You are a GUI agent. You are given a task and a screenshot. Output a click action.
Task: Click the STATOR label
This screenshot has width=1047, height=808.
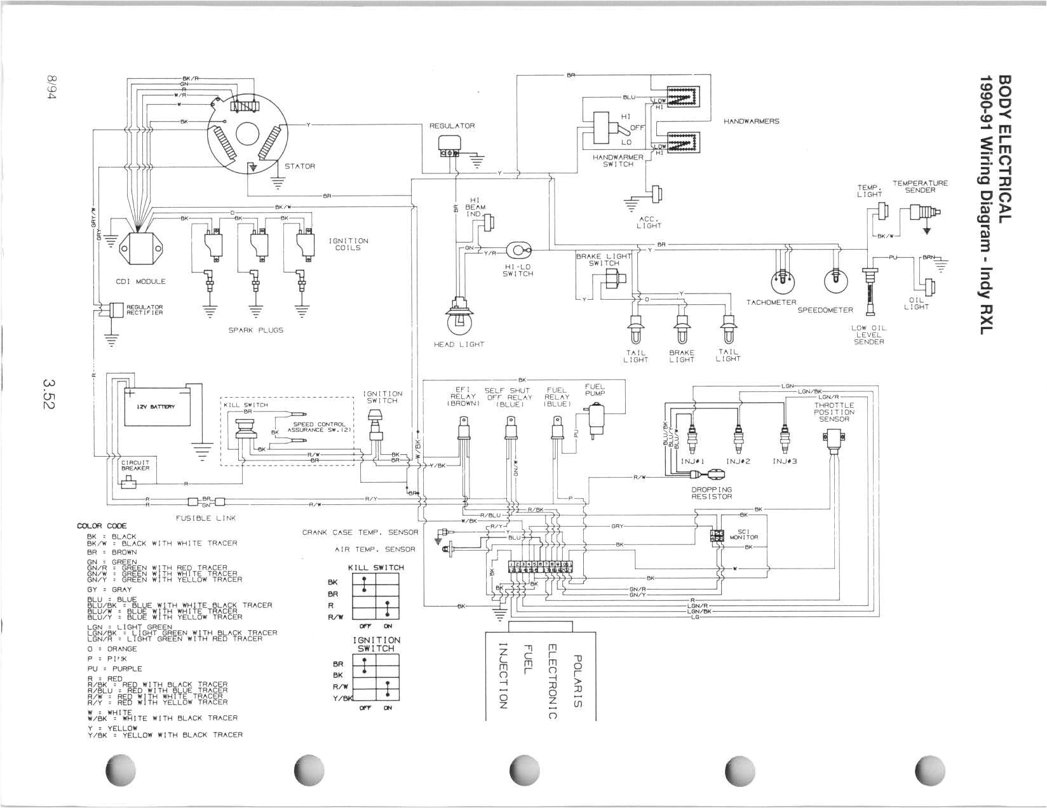[299, 166]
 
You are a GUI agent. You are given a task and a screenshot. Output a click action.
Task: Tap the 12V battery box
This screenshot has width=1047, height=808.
[156, 407]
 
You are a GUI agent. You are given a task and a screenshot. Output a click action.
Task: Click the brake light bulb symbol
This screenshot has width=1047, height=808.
[682, 328]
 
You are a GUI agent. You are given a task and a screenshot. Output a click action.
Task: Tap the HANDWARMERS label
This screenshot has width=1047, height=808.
[751, 121]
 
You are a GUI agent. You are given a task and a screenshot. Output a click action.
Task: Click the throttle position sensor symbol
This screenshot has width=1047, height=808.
[833, 439]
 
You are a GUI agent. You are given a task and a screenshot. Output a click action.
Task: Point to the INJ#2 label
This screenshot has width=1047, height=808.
[738, 461]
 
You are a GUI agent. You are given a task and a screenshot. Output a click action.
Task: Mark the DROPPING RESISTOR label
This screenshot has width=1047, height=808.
[712, 493]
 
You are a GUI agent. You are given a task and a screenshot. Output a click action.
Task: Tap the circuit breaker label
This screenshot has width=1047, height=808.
[135, 465]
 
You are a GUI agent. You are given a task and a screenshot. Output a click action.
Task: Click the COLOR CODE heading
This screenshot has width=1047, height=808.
[102, 526]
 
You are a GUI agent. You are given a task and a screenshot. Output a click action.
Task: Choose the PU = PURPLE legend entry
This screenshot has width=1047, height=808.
[115, 669]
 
